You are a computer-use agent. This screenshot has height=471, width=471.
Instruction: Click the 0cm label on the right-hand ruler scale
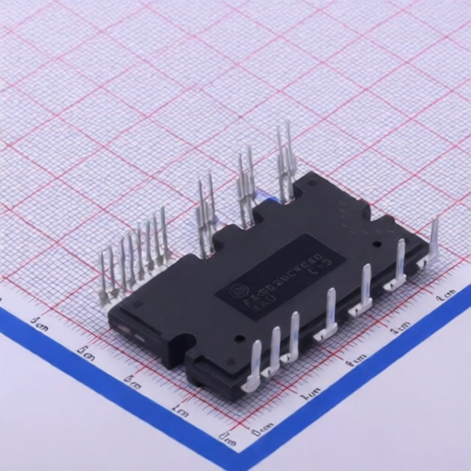point(262,428)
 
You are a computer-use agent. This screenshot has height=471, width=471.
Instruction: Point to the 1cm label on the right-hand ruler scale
point(310,394)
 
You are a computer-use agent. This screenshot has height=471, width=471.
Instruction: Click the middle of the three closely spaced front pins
point(273,354)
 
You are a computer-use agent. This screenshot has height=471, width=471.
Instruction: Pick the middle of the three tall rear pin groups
point(246,189)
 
